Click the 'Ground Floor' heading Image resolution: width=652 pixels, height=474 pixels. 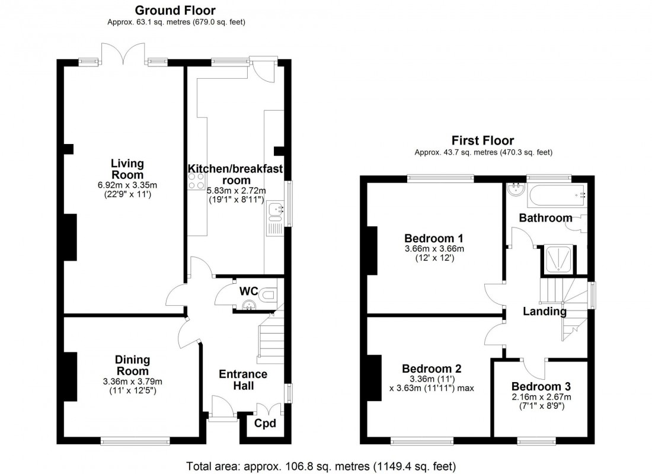tap(175, 10)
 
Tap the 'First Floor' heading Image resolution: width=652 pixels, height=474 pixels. tap(482, 140)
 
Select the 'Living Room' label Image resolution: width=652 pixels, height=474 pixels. tap(127, 169)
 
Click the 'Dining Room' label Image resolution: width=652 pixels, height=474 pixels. tap(132, 366)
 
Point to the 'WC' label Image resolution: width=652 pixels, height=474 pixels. tap(248, 292)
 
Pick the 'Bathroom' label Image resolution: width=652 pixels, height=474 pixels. tap(545, 218)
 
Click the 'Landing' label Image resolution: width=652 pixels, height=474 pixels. tap(544, 311)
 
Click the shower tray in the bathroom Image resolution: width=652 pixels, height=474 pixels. tap(557, 261)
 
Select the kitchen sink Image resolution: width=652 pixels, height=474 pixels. tap(275, 213)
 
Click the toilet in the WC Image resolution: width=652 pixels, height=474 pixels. tap(269, 293)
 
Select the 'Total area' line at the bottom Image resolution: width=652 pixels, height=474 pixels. tap(321, 466)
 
